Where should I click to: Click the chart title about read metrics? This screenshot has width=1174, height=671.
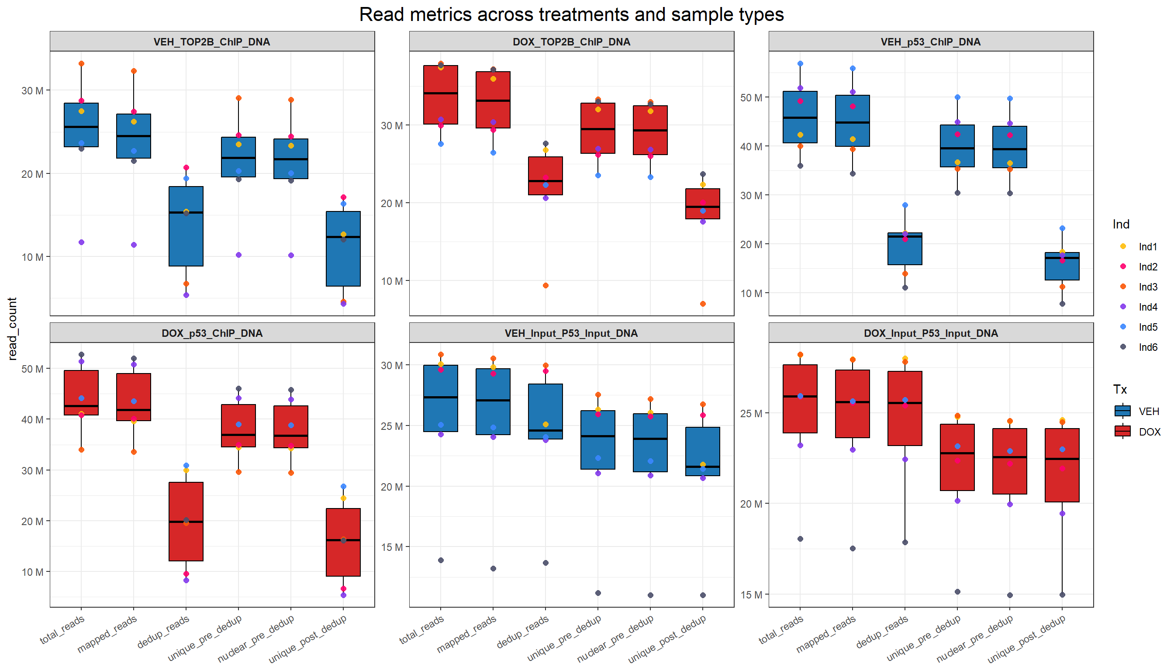(571, 15)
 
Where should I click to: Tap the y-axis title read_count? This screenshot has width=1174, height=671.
(12, 328)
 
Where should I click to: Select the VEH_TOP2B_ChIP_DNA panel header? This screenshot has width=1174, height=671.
(212, 42)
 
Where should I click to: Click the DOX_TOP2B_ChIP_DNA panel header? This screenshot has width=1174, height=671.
(571, 42)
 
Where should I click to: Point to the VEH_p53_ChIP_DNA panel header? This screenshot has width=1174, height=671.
(930, 42)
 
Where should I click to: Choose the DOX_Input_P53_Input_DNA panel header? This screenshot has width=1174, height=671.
(930, 333)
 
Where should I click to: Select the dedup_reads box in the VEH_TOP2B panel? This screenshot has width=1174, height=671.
(186, 226)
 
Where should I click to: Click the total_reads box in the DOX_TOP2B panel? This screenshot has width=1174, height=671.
(441, 94)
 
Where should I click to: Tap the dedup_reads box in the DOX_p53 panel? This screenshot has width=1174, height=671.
(186, 521)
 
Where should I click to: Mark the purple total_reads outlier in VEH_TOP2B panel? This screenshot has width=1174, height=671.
(82, 242)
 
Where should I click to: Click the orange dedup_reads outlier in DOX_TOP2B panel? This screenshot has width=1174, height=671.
(546, 285)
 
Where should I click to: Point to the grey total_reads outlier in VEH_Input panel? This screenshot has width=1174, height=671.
(441, 560)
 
